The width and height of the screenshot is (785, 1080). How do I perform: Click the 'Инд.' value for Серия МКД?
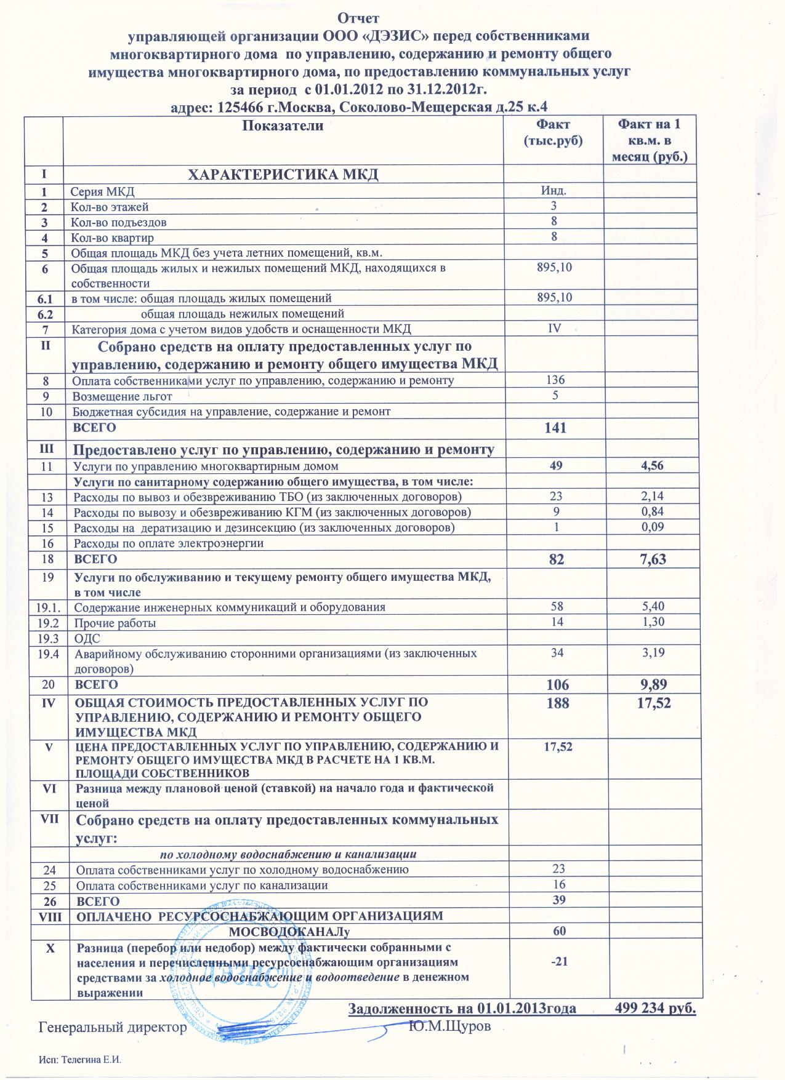coord(554,191)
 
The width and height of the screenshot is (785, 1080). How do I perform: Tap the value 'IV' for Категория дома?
coord(554,329)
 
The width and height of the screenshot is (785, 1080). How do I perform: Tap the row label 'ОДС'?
coord(83,638)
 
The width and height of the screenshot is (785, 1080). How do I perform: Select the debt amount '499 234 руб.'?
coord(655,1009)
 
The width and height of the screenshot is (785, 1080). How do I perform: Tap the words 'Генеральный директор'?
coord(112,1027)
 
